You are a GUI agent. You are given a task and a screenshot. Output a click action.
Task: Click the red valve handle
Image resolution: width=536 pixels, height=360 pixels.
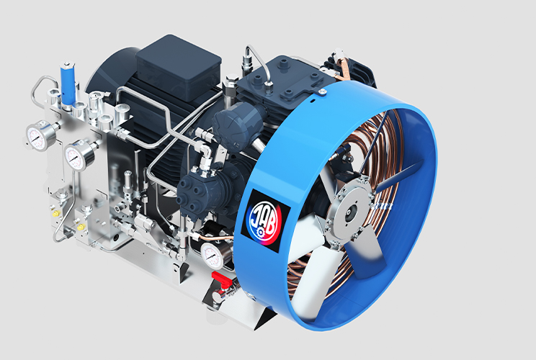(221, 278)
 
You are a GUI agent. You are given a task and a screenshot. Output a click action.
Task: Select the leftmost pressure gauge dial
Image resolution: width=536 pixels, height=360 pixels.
(37, 137)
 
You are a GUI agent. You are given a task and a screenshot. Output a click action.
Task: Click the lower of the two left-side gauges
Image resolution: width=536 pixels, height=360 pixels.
(75, 156)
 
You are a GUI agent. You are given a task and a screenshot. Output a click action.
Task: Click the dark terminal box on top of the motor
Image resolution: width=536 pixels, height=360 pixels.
(179, 68)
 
